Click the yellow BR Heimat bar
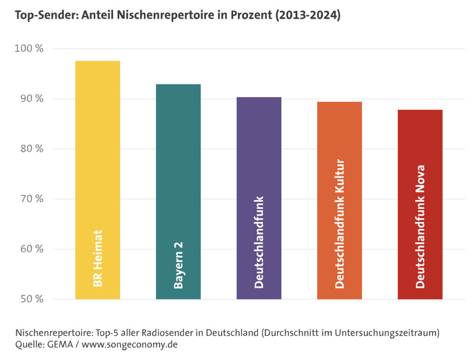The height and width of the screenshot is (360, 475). pos(97,152)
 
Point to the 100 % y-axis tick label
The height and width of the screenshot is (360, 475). pos(29,49)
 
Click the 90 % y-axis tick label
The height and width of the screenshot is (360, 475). pos(31,99)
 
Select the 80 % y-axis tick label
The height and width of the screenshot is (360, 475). pos(31,149)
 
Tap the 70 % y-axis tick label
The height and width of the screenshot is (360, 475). pos(31,199)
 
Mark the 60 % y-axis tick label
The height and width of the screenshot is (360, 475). pos(31,249)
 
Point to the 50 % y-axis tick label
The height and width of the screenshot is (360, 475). pos(31,299)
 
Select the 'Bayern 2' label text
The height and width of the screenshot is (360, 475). pos(178,266)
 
